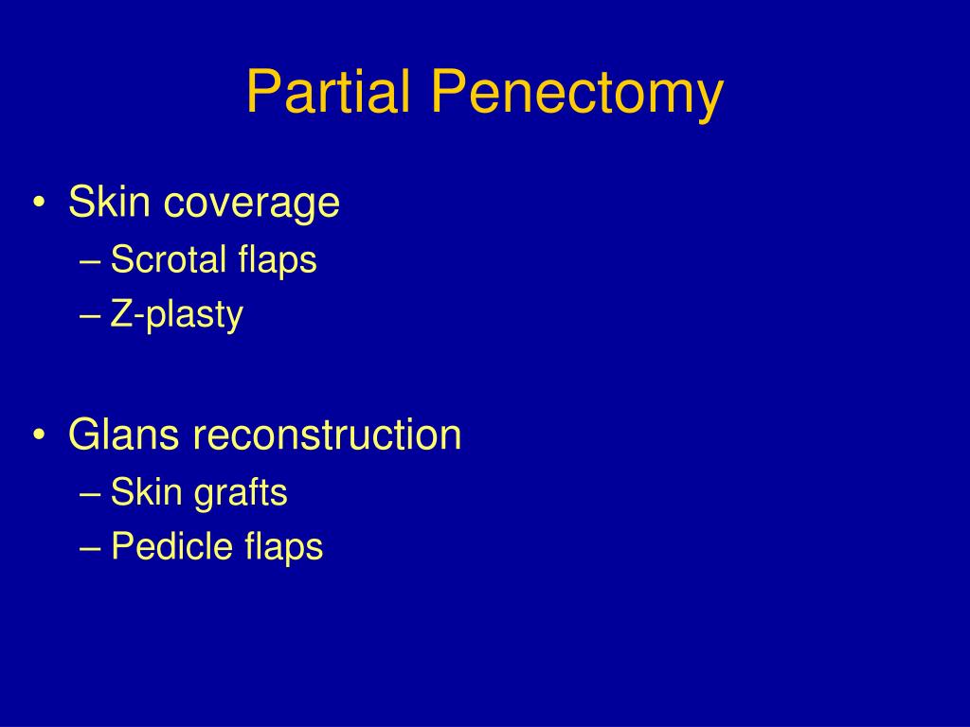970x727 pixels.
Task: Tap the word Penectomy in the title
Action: [x=577, y=94]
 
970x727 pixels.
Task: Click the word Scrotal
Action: [x=168, y=258]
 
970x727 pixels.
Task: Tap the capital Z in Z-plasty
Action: [x=120, y=313]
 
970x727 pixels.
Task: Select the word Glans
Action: [x=123, y=434]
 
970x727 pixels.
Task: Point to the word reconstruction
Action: [x=327, y=434]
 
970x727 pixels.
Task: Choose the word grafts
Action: [x=241, y=494]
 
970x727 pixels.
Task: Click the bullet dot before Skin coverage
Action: [x=39, y=203]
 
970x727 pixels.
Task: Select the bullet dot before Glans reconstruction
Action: [x=39, y=435]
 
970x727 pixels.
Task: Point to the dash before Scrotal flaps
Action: [x=90, y=262]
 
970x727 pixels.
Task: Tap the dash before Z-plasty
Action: [x=90, y=316]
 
